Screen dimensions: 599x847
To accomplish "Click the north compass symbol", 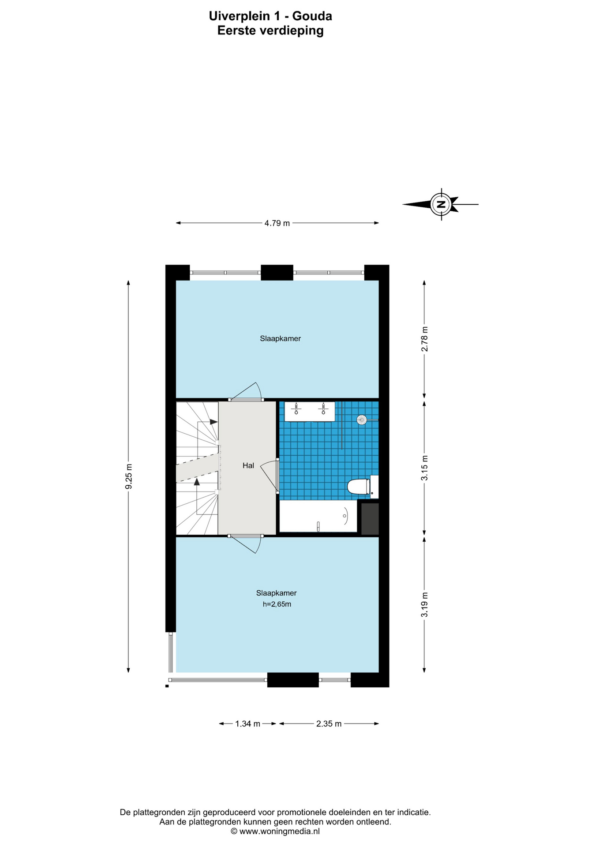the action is point(441,204).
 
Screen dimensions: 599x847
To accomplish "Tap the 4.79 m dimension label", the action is point(277,223).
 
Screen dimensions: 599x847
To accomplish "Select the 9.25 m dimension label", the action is point(128,476).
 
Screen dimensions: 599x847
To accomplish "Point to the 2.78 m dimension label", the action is point(424,339).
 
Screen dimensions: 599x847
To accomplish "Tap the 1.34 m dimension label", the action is point(247,724).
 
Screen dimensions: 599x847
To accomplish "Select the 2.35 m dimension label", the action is point(329,724).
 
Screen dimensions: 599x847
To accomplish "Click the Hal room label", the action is point(248,465).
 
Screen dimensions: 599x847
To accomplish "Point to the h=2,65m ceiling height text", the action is point(277,604).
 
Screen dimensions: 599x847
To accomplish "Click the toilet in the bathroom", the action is point(363,487).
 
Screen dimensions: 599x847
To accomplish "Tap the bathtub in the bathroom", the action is point(318,516).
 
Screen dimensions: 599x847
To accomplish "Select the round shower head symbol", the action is point(362,420).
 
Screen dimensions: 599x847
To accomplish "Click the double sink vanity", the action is point(310,411).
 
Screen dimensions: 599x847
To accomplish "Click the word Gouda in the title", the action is point(312,16).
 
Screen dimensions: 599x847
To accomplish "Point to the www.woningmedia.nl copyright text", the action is point(275,832).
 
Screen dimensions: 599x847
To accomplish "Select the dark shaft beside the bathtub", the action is point(370,519).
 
